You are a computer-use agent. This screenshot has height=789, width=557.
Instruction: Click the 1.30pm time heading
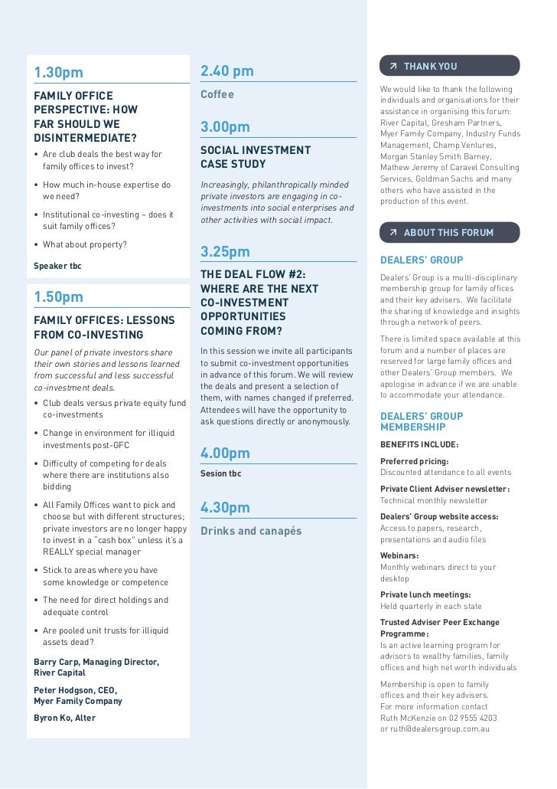pos(58,73)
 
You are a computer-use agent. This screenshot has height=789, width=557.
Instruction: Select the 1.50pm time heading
pos(58,296)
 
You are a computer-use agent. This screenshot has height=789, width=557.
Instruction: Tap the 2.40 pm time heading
pos(226,71)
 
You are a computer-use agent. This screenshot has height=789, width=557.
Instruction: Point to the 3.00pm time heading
pos(225,126)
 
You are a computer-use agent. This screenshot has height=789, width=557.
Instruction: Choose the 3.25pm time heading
pos(225,251)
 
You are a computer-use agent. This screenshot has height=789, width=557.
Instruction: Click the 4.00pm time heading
pos(225,453)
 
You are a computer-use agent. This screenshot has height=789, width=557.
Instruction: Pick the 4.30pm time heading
pos(225,508)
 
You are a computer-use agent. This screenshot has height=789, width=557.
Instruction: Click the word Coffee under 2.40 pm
pos(217,95)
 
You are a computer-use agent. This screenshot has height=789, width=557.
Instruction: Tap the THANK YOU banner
pos(449,66)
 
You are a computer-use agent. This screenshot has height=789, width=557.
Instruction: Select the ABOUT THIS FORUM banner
pos(449,232)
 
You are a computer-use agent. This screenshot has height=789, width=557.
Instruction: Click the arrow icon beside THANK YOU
pos(393,66)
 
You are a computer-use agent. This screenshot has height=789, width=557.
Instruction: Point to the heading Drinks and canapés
pos(251,531)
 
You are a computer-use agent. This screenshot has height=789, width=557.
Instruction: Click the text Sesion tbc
pos(220,473)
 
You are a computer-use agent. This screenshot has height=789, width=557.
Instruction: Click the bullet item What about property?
pos(85,245)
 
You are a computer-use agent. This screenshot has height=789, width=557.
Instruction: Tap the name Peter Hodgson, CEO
pos(74,689)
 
